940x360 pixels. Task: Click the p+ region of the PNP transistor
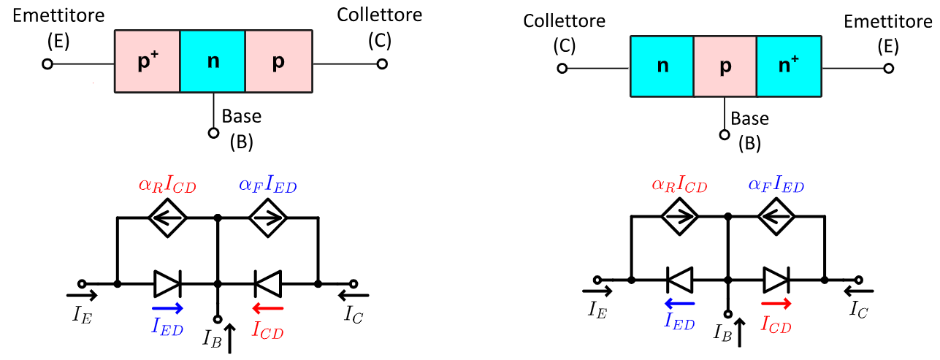(147, 61)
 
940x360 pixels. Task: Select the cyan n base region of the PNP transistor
(213, 61)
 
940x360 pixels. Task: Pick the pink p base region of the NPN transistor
(725, 66)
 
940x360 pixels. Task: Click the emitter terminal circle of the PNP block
(47, 64)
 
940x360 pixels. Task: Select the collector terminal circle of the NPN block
(562, 69)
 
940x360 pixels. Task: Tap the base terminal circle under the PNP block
(213, 133)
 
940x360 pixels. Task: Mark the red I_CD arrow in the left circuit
(267, 308)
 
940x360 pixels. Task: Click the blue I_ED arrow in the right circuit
(680, 303)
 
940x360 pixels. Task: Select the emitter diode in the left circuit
(167, 283)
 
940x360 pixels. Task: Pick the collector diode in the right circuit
(776, 279)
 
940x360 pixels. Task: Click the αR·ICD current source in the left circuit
(168, 217)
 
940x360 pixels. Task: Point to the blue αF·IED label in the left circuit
(267, 185)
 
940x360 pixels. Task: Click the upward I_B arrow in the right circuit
(741, 332)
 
